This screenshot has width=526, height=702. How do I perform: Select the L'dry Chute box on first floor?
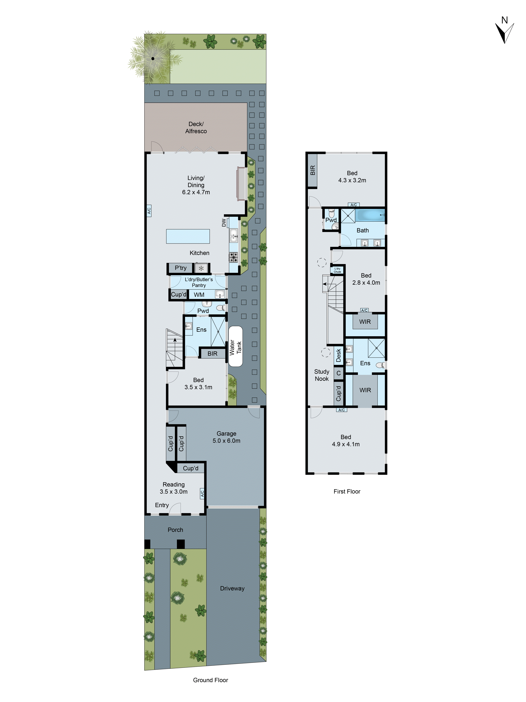(337, 270)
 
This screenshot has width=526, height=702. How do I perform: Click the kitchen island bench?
(188, 236)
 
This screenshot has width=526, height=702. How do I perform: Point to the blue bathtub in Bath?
(369, 215)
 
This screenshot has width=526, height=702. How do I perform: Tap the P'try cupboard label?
(180, 268)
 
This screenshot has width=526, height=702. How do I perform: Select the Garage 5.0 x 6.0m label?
(226, 437)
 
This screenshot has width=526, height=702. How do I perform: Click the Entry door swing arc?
(174, 509)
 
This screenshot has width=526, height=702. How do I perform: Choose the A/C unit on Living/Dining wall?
(149, 210)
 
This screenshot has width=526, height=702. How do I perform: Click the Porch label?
(175, 530)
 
